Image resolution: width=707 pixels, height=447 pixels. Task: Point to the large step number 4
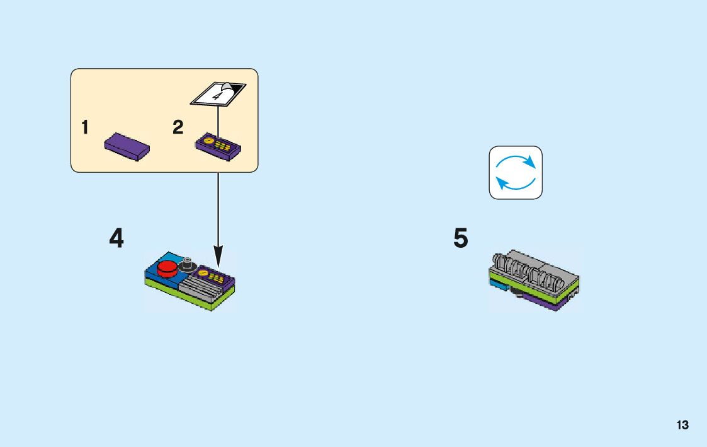(116, 239)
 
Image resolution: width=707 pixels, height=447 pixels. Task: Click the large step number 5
(461, 239)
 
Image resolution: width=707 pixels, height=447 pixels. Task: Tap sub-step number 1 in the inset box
(84, 128)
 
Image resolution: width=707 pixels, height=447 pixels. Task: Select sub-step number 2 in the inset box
(178, 128)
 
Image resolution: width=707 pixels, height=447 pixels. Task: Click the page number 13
(682, 425)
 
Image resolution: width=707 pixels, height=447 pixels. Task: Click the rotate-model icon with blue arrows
(516, 173)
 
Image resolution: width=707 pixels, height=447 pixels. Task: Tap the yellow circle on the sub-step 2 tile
(203, 273)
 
